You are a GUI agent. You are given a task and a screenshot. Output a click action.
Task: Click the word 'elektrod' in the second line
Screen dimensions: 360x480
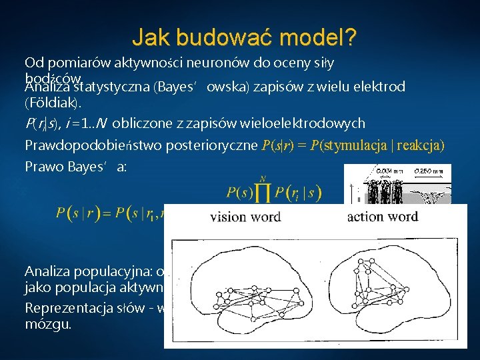coord(380,86)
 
